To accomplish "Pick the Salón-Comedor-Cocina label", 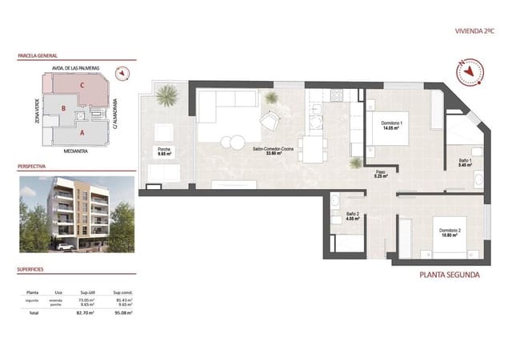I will pyautogui.click(x=271, y=152).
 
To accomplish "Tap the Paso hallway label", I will pyautogui.click(x=381, y=173).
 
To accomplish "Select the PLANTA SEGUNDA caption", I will pyautogui.click(x=450, y=275).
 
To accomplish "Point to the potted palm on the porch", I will pyautogui.click(x=167, y=96).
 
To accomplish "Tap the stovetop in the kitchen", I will pyautogui.click(x=337, y=95).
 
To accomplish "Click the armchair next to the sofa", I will pyautogui.click(x=270, y=121).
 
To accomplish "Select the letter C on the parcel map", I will pyautogui.click(x=82, y=86).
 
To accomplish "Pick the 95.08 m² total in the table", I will pyautogui.click(x=123, y=312).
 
